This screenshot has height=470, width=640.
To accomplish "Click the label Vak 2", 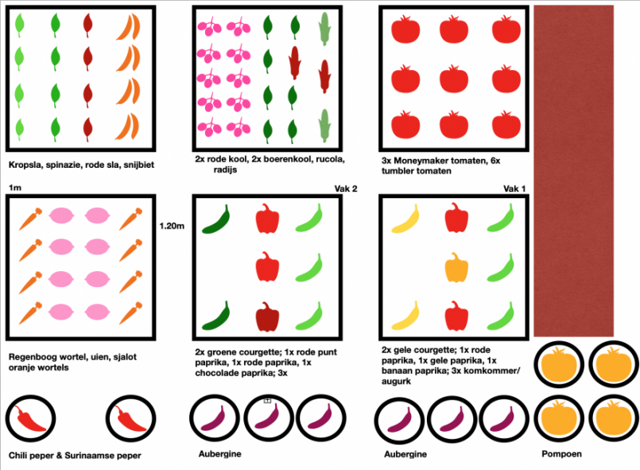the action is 346,188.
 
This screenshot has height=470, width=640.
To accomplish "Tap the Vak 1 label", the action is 514,188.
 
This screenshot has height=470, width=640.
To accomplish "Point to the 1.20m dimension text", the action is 172,226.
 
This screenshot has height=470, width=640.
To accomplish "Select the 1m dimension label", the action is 15,188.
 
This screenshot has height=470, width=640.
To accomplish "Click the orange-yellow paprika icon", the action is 456,267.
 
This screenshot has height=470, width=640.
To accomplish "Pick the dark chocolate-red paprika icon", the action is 267,317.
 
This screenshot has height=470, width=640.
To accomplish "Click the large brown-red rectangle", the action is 573,171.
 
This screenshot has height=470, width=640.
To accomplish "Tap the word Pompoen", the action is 561,454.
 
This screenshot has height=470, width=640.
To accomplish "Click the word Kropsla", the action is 25,165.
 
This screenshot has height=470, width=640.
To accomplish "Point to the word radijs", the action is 225,170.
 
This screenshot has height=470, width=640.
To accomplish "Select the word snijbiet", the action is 139,165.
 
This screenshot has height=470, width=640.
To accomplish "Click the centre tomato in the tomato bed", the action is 454,78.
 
